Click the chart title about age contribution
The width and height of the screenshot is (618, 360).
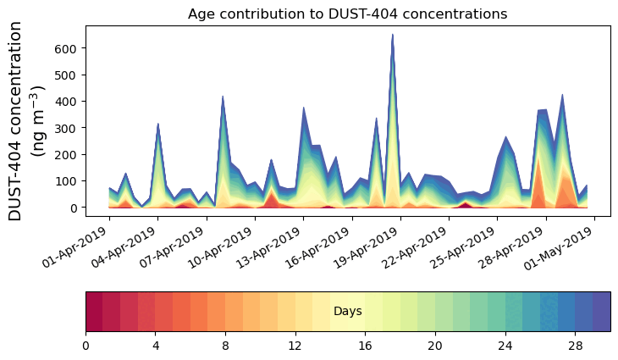point(347,14)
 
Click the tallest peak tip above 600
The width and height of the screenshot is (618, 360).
point(393,35)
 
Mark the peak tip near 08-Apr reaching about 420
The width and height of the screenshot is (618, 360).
point(223,97)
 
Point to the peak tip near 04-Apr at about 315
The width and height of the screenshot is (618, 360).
point(158,124)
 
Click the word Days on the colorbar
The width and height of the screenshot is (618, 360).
point(348,312)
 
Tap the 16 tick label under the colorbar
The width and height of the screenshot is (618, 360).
point(366,346)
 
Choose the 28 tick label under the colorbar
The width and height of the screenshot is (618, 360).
point(576,346)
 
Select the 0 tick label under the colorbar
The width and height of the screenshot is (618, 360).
point(86,346)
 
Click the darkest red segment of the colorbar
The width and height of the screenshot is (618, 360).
point(94,312)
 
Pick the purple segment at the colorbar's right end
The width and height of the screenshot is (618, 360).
point(602,312)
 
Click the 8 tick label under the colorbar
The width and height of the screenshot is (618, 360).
point(225,346)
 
